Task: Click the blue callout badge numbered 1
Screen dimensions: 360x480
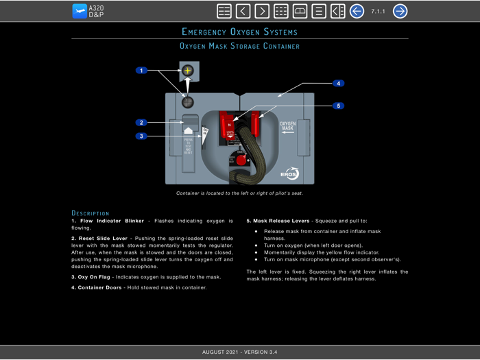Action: [x=142, y=71]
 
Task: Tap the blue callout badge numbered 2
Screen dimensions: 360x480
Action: [x=142, y=123]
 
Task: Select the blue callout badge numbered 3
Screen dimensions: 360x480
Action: [x=142, y=136]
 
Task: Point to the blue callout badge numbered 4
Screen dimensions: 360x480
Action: [x=338, y=84]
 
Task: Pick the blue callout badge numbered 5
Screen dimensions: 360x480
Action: [x=338, y=106]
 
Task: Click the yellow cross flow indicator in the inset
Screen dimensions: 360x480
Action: [x=188, y=71]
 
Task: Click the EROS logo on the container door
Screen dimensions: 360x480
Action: [x=289, y=173]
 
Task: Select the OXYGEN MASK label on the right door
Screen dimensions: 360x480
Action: [x=287, y=127]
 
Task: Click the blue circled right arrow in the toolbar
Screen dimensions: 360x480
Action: [x=400, y=11]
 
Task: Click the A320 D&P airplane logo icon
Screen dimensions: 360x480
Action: [x=80, y=11]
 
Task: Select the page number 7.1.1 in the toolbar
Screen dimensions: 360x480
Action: [x=378, y=11]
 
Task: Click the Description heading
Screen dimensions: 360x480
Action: [x=90, y=213]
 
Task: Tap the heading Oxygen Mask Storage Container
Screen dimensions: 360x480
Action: [x=239, y=46]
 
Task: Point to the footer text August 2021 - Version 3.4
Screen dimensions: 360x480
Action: [x=239, y=352]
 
